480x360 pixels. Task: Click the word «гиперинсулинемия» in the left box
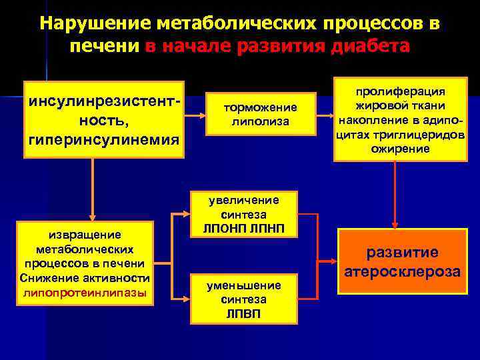tap(103, 140)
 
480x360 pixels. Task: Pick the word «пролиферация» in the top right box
tap(400, 91)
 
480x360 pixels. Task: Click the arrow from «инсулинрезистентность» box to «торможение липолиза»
tap(195, 115)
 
